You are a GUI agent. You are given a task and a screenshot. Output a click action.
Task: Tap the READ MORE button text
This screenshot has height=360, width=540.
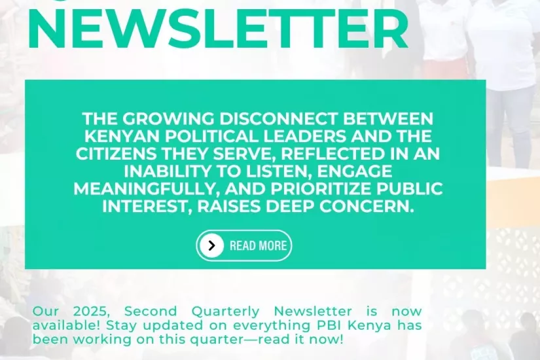point(258,246)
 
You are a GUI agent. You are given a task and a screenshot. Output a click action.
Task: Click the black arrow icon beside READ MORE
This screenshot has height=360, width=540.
point(211,245)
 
